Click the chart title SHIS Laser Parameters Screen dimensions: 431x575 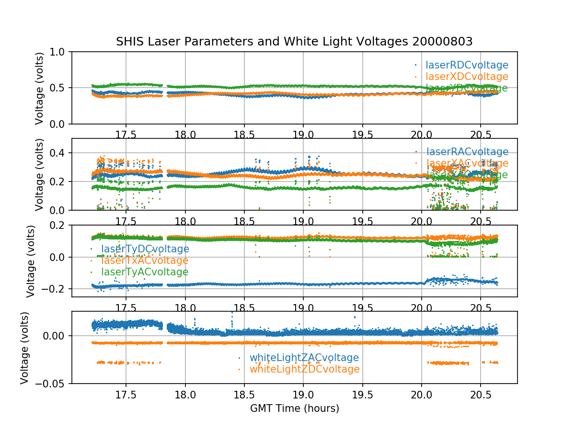[294, 42]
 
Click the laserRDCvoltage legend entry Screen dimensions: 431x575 [467, 65]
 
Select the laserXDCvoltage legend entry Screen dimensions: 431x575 [467, 77]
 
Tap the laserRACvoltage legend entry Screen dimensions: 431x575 [467, 152]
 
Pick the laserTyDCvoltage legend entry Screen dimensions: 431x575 [145, 249]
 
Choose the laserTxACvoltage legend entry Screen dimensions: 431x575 [144, 261]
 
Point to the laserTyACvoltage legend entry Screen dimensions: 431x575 [144, 272]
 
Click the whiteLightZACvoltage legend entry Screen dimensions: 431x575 [304, 358]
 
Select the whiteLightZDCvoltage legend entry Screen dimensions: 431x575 [304, 369]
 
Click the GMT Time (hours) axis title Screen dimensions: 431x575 [294, 408]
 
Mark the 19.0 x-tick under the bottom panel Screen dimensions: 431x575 [303, 395]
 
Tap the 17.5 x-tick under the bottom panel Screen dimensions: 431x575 [126, 395]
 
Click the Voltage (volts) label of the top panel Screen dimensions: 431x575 [40, 88]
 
